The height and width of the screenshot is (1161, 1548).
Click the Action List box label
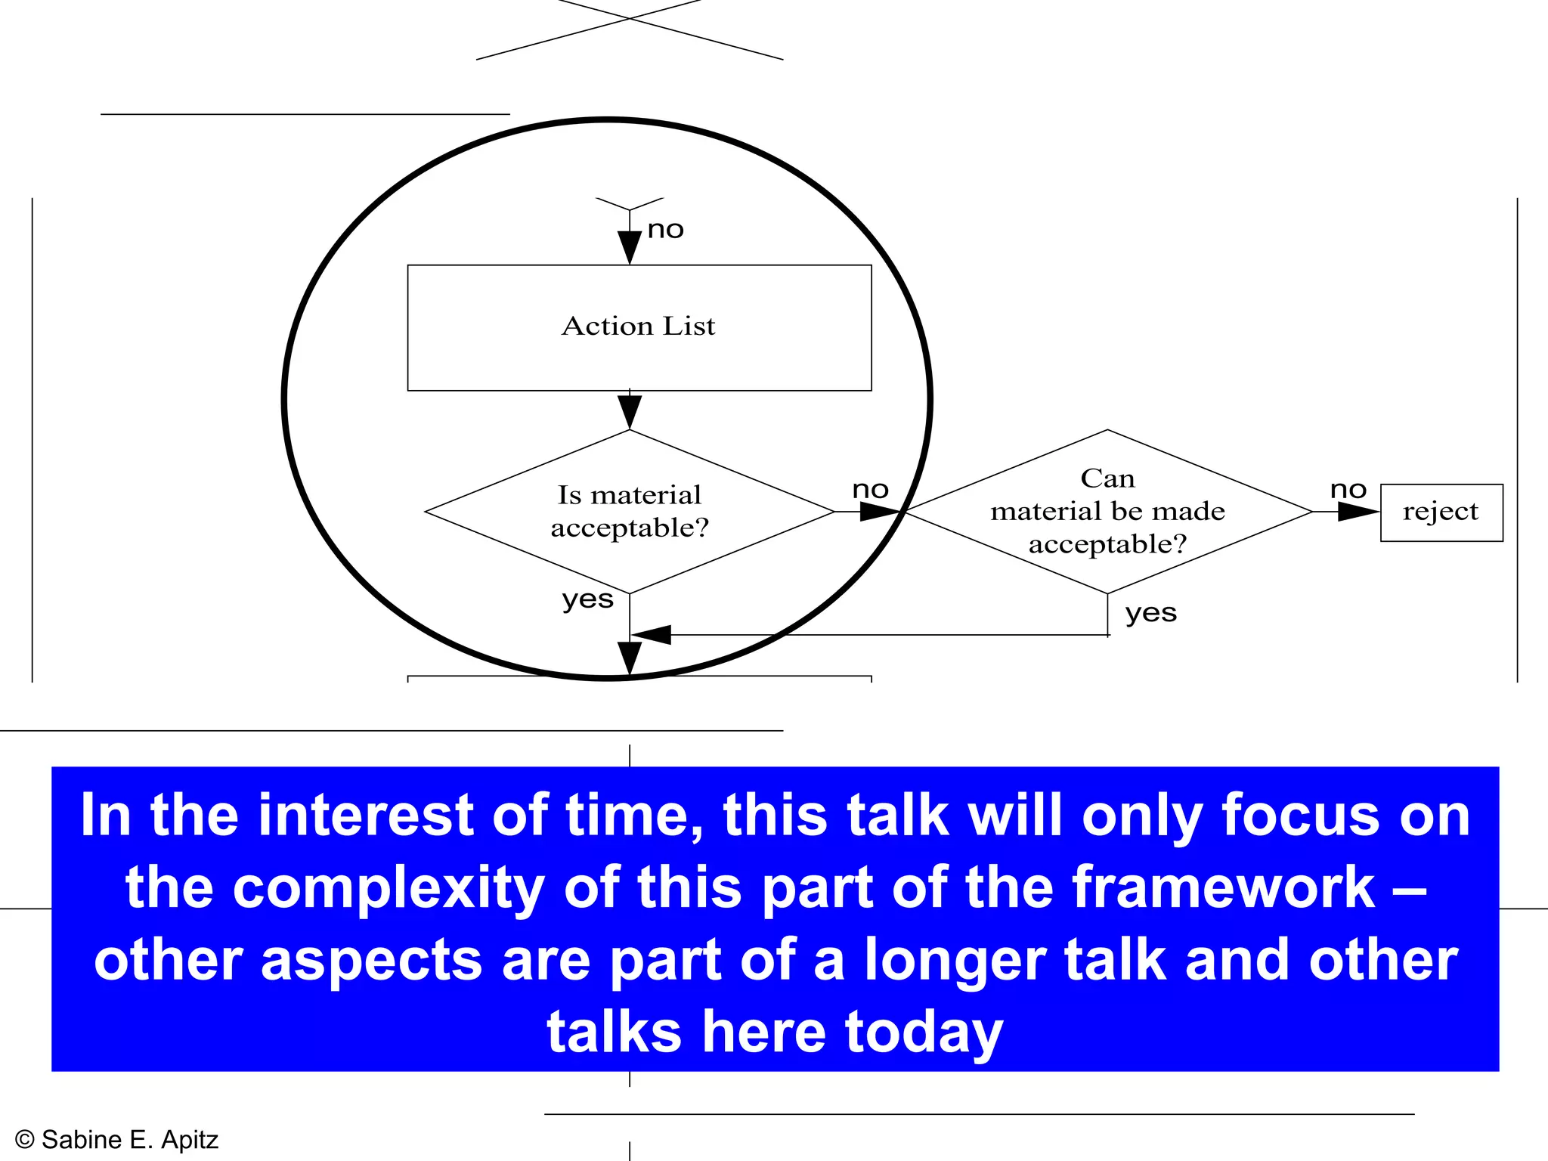638,326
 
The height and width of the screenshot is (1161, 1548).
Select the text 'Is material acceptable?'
630,511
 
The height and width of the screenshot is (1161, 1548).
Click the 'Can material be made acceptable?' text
1107,511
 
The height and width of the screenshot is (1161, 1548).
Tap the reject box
1441,512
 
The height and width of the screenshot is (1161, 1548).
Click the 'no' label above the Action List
665,229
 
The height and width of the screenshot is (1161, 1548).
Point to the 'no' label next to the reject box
1348,490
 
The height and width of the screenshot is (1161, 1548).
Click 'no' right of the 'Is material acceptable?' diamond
870,490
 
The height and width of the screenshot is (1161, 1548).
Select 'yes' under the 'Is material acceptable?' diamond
587,599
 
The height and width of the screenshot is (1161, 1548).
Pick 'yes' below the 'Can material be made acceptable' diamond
1150,613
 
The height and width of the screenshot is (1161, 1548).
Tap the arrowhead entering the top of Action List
630,246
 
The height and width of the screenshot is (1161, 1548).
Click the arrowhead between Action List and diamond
630,411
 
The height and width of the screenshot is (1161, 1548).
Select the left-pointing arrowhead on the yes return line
653,635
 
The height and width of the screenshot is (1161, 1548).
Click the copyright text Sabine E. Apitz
117,1140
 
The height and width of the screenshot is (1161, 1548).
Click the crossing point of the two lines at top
630,18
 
